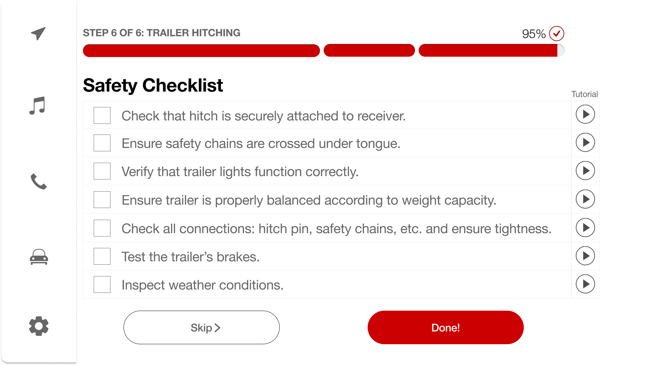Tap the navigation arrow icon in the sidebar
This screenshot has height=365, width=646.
tap(38, 33)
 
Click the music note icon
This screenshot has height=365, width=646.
tap(37, 106)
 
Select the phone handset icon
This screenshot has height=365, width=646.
tap(39, 181)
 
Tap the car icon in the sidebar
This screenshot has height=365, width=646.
tap(39, 257)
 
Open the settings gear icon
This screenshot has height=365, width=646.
tap(39, 326)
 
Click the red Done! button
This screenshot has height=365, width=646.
tap(446, 327)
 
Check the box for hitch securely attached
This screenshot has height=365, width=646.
tap(102, 115)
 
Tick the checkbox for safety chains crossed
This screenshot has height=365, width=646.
tap(102, 143)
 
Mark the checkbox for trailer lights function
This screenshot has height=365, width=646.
tap(102, 171)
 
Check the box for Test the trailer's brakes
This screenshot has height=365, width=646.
tap(102, 256)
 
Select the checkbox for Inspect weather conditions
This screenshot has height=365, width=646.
tap(102, 284)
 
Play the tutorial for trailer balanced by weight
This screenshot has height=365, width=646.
tap(585, 199)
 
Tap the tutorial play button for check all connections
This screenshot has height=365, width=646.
tap(585, 228)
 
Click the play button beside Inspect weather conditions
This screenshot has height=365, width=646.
tap(585, 284)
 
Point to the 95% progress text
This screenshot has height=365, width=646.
tap(534, 34)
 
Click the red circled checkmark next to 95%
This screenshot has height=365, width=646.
tap(557, 34)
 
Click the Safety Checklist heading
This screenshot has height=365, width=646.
tap(153, 85)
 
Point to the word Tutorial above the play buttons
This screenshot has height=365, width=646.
tap(585, 94)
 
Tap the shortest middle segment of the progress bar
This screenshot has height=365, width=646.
tap(369, 50)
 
